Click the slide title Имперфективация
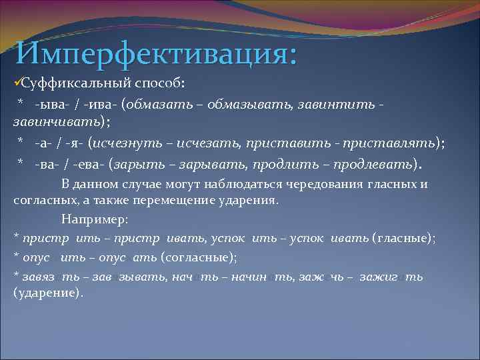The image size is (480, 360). [x=156, y=52]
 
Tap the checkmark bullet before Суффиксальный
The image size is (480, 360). [x=17, y=84]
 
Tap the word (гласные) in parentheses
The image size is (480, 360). [x=403, y=237]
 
